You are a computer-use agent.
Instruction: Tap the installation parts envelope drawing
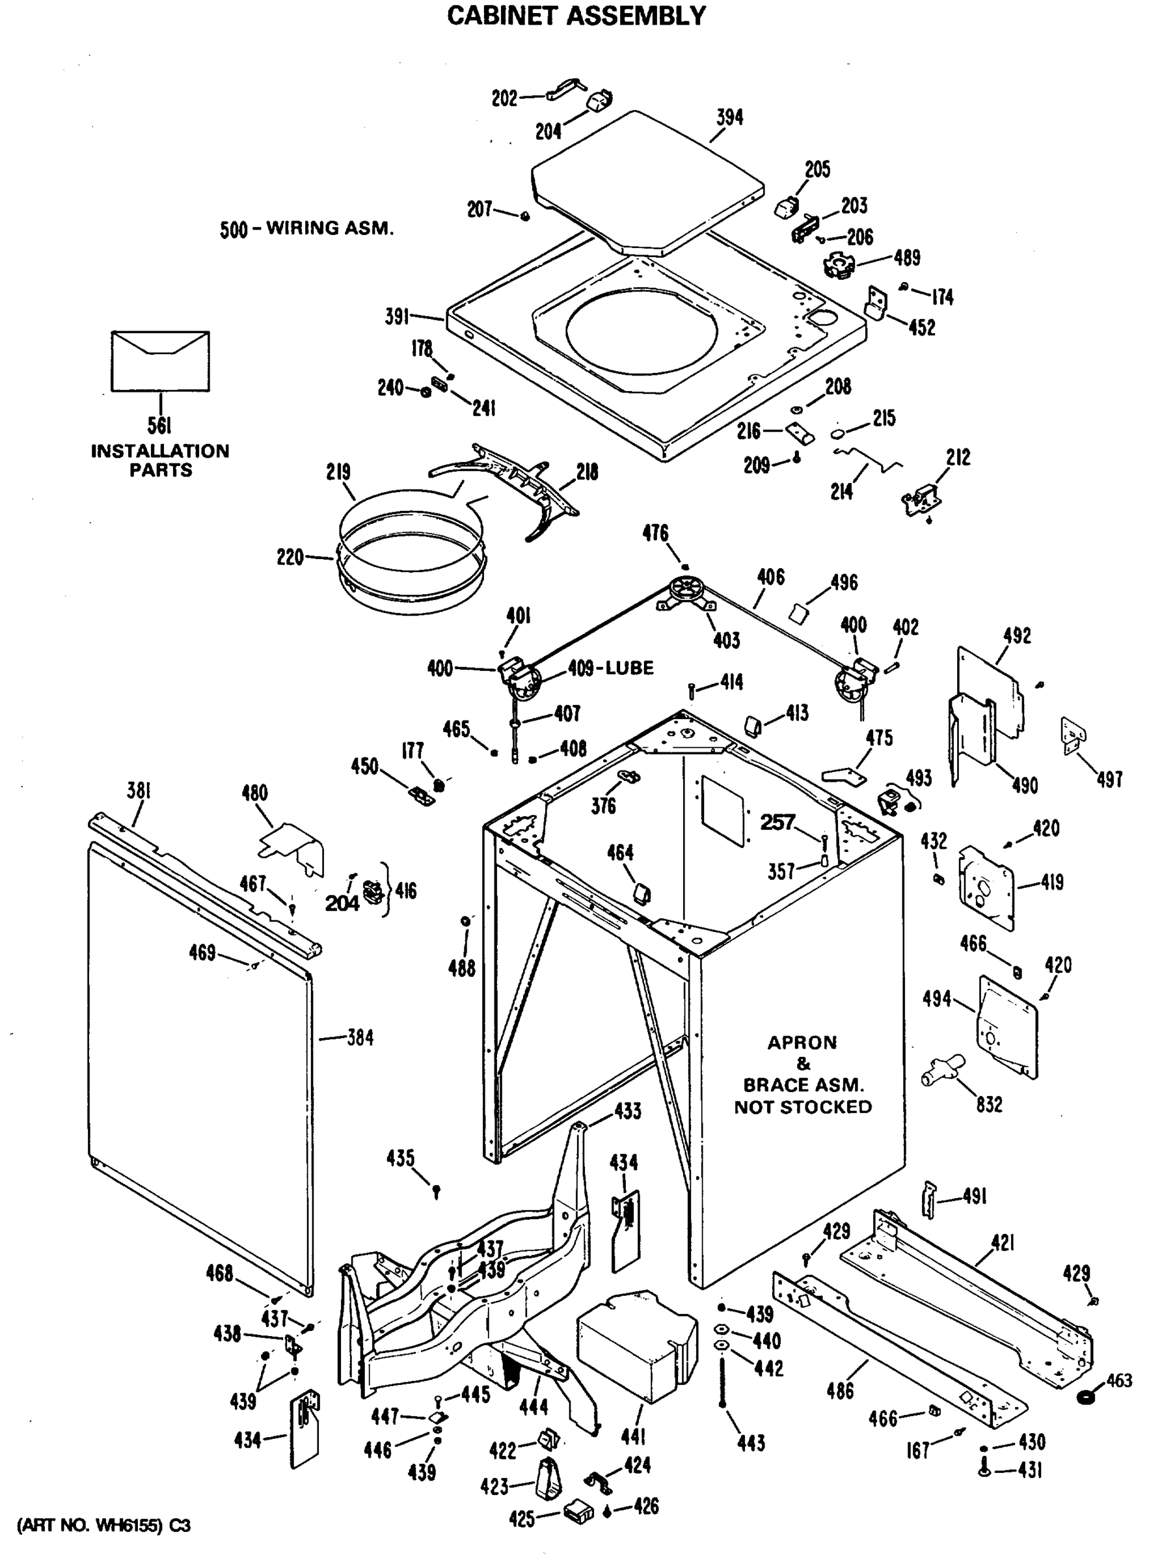click(x=160, y=361)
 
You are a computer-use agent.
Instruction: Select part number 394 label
click(x=729, y=118)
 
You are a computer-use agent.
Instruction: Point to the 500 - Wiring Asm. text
click(x=306, y=228)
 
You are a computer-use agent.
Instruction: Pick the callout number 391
click(x=397, y=318)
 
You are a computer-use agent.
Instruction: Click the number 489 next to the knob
click(x=907, y=258)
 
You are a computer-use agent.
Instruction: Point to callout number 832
click(x=988, y=1105)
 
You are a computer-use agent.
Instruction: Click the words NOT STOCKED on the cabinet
click(x=803, y=1107)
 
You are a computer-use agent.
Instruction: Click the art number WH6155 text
click(x=103, y=1526)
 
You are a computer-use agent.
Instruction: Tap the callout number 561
click(x=159, y=426)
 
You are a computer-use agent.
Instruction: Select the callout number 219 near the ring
click(x=338, y=472)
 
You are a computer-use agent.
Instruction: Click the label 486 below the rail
click(x=840, y=1391)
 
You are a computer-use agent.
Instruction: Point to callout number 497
click(x=1109, y=780)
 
